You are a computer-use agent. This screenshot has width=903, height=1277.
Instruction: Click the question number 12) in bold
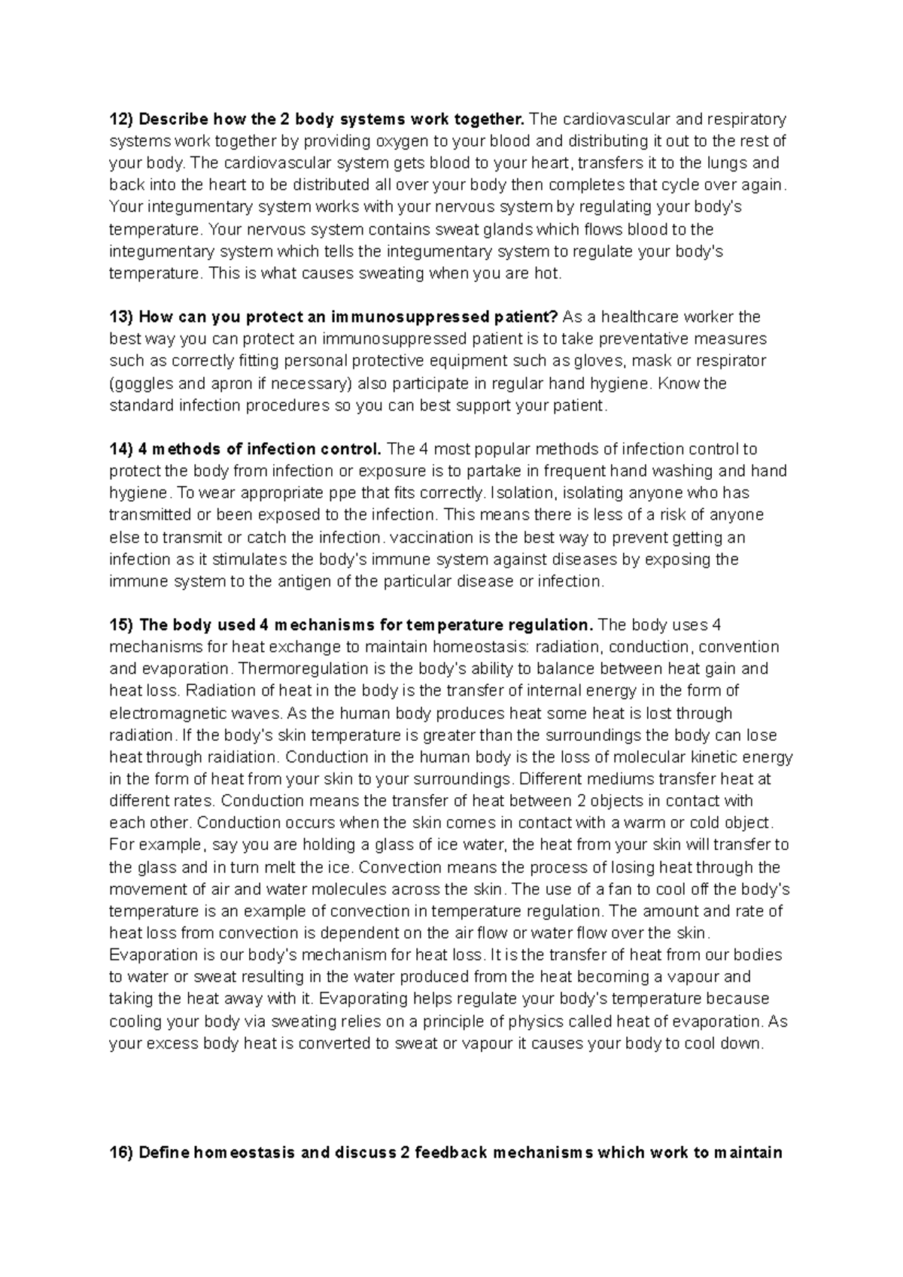120,119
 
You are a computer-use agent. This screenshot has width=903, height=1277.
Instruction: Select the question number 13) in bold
120,317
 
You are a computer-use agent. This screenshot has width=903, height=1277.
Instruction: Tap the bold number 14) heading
120,449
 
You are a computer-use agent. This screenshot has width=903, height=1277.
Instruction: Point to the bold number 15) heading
120,625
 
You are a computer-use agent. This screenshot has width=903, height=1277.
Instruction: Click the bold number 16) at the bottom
120,1153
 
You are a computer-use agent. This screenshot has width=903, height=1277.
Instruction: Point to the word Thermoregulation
303,669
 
